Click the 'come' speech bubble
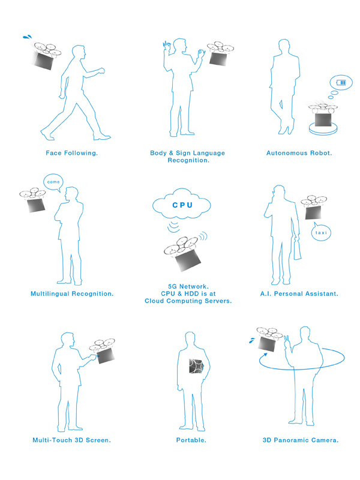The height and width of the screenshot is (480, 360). click(53, 182)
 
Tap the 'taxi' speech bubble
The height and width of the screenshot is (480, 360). click(321, 232)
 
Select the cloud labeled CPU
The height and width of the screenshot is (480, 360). click(182, 205)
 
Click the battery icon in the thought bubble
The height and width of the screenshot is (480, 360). click(341, 82)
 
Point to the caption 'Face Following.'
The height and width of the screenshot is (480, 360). click(72, 153)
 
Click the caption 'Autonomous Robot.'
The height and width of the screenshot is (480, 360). click(299, 153)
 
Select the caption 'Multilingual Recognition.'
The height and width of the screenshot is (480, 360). click(72, 294)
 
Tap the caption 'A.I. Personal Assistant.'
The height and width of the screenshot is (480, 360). click(299, 294)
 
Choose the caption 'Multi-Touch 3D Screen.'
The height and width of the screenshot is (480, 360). click(71, 440)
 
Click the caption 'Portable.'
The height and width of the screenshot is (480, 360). click(191, 440)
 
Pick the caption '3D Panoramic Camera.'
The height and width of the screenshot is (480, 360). click(301, 440)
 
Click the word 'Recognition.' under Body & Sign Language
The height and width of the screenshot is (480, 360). click(188, 160)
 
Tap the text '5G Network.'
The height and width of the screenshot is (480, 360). click(188, 287)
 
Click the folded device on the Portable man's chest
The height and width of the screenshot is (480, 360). click(196, 366)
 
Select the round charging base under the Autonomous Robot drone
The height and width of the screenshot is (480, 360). click(323, 128)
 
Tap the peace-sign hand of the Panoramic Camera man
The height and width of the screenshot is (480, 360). click(287, 342)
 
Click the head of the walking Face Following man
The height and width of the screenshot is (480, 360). click(79, 52)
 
